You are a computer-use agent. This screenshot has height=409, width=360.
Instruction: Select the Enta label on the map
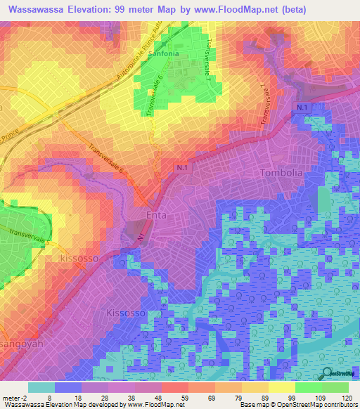coord(157,215)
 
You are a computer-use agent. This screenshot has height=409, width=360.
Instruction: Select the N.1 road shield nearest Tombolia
coord(301,106)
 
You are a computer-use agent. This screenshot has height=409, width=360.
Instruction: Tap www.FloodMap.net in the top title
coord(242,9)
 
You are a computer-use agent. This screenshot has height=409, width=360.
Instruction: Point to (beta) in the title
coord(305,9)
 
